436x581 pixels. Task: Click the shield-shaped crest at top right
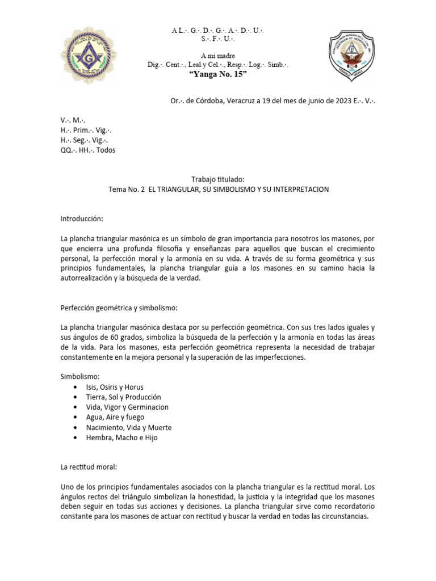pos(352,56)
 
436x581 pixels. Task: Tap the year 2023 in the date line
pos(342,101)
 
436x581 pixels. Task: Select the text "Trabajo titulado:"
pos(218,179)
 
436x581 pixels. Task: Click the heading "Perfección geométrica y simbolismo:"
pos(119,308)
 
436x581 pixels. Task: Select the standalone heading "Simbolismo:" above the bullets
pos(80,377)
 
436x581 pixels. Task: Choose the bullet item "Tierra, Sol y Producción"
pos(124,397)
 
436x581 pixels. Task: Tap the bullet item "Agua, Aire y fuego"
pos(116,417)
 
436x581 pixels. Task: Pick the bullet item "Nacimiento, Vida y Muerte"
pos(129,427)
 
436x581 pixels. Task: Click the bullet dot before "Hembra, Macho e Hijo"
pos(76,437)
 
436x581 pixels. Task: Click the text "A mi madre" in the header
pos(218,55)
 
